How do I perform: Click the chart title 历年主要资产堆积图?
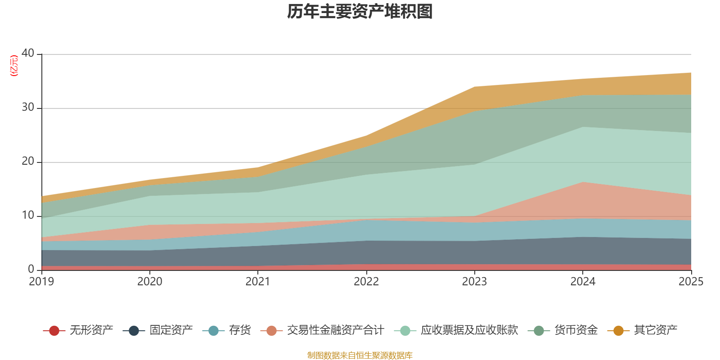(360, 12)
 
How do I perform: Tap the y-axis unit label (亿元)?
(14, 66)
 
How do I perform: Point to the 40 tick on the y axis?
(28, 53)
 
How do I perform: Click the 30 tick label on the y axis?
(28, 107)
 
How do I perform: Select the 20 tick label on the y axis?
(28, 161)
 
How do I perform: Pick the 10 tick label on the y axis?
(28, 215)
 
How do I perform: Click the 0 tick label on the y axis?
(31, 269)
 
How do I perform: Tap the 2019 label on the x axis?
(41, 282)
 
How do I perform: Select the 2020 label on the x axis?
(150, 282)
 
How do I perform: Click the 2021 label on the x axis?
(258, 282)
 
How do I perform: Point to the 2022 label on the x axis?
(366, 282)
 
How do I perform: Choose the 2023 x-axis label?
(474, 282)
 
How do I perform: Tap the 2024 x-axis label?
(583, 282)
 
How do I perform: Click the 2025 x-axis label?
(691, 282)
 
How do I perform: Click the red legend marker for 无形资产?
(54, 331)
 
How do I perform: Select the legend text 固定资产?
(171, 330)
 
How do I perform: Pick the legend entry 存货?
(240, 330)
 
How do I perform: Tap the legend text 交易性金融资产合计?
(336, 330)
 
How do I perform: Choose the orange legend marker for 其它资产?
(619, 331)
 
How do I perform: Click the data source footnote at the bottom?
(360, 355)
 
